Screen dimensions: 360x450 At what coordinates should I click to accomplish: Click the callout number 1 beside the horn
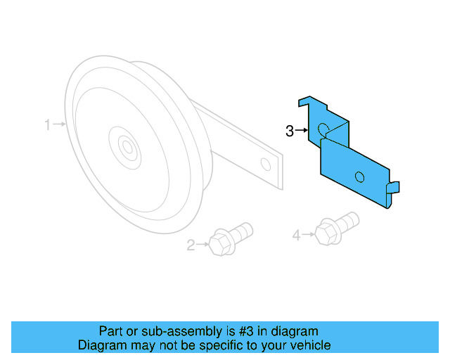[x=48, y=125]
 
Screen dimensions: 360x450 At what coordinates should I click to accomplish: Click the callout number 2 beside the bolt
[x=191, y=245]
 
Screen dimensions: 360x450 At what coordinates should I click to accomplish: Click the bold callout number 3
[x=289, y=131]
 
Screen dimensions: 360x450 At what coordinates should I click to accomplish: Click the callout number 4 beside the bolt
[x=296, y=236]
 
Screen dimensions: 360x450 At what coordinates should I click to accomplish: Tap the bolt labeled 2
[x=231, y=236]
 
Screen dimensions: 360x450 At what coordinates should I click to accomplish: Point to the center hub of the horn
[x=127, y=148]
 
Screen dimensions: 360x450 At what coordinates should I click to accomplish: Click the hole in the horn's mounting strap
[x=265, y=165]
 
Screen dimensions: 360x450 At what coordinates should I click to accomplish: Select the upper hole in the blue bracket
[x=323, y=129]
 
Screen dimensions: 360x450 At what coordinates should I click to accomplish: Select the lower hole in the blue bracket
[x=360, y=176]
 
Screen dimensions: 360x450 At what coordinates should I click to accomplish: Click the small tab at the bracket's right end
[x=394, y=187]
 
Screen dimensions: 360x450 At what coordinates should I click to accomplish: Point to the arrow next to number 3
[x=303, y=131]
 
